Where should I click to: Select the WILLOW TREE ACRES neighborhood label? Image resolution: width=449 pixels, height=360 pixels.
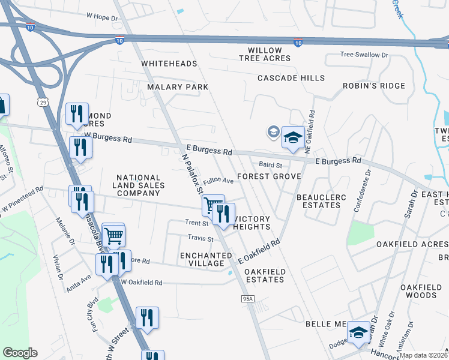point(265,54)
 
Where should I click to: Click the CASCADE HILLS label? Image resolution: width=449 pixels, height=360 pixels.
point(291,78)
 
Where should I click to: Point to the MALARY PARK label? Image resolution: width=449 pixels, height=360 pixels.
point(178,87)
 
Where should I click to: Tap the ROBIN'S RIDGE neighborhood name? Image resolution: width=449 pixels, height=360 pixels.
point(374,86)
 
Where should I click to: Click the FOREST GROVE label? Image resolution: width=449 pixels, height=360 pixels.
point(268,176)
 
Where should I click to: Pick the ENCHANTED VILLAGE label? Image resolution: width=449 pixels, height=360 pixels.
point(206,259)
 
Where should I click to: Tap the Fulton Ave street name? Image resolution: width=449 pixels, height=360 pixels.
point(218,181)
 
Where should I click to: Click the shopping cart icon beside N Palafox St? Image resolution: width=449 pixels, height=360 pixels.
point(213,205)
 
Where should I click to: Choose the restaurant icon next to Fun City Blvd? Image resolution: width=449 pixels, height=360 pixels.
point(147,317)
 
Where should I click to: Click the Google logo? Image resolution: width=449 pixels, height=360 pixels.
point(20,353)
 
